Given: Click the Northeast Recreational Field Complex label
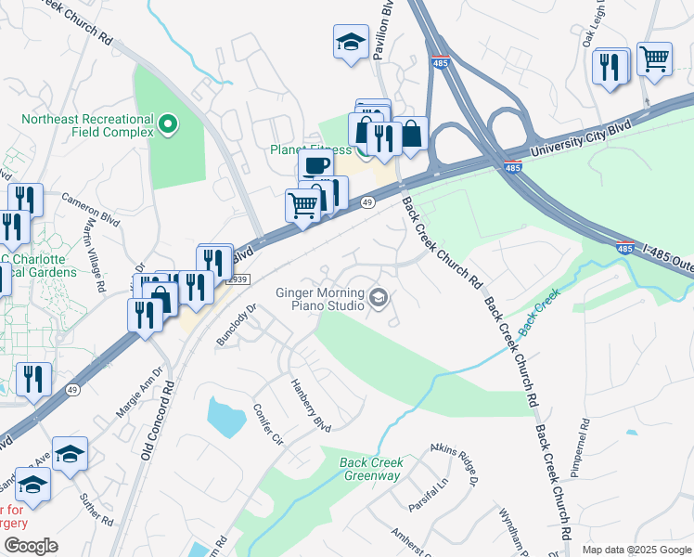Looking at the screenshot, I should point(87,125).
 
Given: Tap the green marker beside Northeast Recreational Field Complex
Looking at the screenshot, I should point(168,123).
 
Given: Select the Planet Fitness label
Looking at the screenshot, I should point(310,149).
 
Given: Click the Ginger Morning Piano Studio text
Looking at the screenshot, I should point(319,298).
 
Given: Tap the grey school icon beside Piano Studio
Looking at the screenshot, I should point(378,298).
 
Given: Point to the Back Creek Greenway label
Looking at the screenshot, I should point(356,469).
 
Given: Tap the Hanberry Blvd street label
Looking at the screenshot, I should point(310,405).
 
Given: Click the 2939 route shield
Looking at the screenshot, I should point(238,278).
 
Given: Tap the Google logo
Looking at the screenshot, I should point(31,546).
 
